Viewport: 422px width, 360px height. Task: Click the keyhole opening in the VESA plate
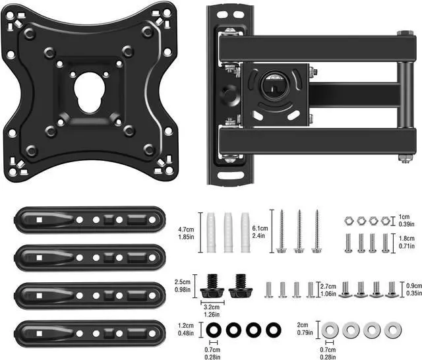tap(89, 92)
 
